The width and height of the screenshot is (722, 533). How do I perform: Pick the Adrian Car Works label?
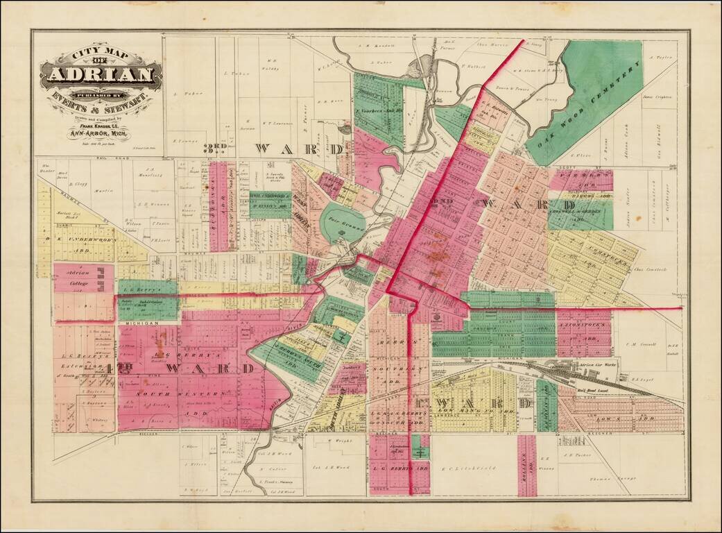[x=592, y=366]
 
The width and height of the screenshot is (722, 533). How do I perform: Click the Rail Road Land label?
[x=593, y=391]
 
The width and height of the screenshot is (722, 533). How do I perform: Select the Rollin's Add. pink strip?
[x=526, y=465]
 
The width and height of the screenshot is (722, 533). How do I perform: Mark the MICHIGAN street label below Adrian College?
[x=132, y=323]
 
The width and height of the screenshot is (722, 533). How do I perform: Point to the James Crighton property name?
[x=658, y=97]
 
